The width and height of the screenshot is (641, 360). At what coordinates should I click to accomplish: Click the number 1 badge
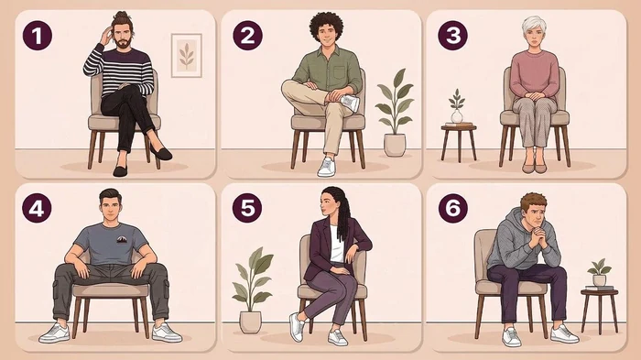pos(38,36)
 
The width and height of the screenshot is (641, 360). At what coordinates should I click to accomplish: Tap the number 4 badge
pos(37,208)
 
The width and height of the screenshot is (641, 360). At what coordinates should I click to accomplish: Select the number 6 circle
pos(453,208)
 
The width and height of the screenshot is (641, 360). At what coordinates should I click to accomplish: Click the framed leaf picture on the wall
pos(187,55)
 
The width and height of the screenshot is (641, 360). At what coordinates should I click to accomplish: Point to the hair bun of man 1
pos(120,16)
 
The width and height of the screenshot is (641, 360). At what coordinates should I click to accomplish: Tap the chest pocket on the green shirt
pos(340,71)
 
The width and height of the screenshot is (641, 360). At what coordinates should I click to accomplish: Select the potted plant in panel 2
pos(395,113)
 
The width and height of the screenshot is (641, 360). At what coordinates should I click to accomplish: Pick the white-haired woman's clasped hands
pos(534,96)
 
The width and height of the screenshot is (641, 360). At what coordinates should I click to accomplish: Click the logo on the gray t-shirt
pos(122,239)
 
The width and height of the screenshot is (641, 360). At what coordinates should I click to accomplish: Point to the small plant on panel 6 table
pos(599,272)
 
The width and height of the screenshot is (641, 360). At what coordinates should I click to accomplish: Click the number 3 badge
pos(453,35)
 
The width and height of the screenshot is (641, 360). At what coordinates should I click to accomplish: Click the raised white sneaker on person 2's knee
pos(350,103)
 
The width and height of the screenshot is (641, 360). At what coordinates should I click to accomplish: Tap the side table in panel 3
pos(459,143)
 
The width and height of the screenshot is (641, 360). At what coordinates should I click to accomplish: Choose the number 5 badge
pos(247,208)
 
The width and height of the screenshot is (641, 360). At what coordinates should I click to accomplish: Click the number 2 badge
pos(248,35)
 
